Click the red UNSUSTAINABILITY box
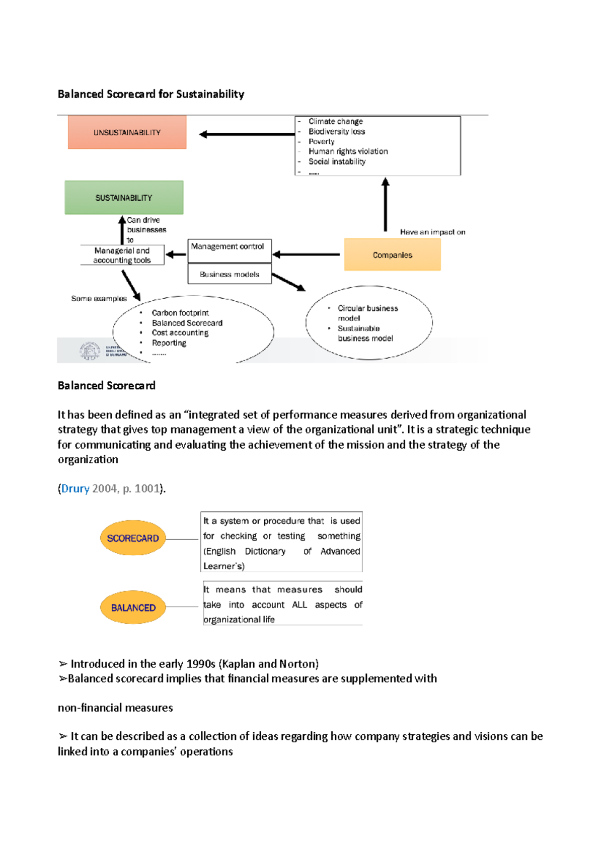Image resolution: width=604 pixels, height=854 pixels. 127,132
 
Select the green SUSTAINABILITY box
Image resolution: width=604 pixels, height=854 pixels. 124,198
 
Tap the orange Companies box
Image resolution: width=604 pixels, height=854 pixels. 392,255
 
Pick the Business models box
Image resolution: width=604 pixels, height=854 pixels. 229,275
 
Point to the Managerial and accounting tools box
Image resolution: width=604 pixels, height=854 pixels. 122,255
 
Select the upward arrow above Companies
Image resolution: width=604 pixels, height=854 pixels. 386,204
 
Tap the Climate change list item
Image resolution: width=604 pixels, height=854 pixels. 335,121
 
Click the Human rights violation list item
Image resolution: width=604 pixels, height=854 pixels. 348,151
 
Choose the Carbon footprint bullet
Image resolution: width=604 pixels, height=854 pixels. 180,313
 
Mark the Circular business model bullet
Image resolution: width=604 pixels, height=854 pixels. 367,313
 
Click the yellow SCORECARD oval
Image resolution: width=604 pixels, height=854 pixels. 133,538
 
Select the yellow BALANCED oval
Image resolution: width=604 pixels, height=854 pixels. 133,608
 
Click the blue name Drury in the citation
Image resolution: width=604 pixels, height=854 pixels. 75,488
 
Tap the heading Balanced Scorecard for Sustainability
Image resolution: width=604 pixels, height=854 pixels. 150,94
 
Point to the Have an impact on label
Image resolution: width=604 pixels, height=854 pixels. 432,232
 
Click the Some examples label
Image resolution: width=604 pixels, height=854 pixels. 99,298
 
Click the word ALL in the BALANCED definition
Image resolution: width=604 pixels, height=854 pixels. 299,605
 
